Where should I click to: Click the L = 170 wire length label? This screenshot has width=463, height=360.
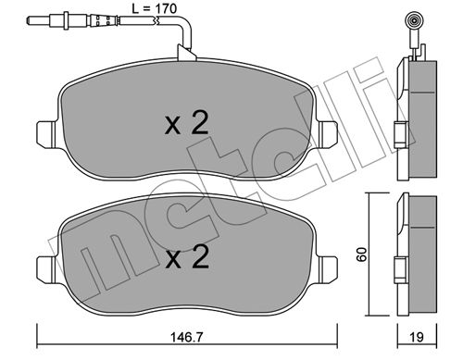pyautogui.click(x=154, y=8)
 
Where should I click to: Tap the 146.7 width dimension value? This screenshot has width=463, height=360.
pyautogui.click(x=187, y=337)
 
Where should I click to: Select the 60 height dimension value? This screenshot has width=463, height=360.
pyautogui.click(x=361, y=254)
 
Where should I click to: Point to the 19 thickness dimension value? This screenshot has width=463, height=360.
pyautogui.click(x=417, y=337)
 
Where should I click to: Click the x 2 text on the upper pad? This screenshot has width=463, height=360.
pyautogui.click(x=186, y=123)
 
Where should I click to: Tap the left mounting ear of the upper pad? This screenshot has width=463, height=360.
pyautogui.click(x=46, y=133)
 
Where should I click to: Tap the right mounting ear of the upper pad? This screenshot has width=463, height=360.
pyautogui.click(x=328, y=134)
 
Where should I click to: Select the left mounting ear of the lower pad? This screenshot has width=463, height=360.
pyautogui.click(x=46, y=267)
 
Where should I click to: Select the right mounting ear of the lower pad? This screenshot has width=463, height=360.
pyautogui.click(x=328, y=268)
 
